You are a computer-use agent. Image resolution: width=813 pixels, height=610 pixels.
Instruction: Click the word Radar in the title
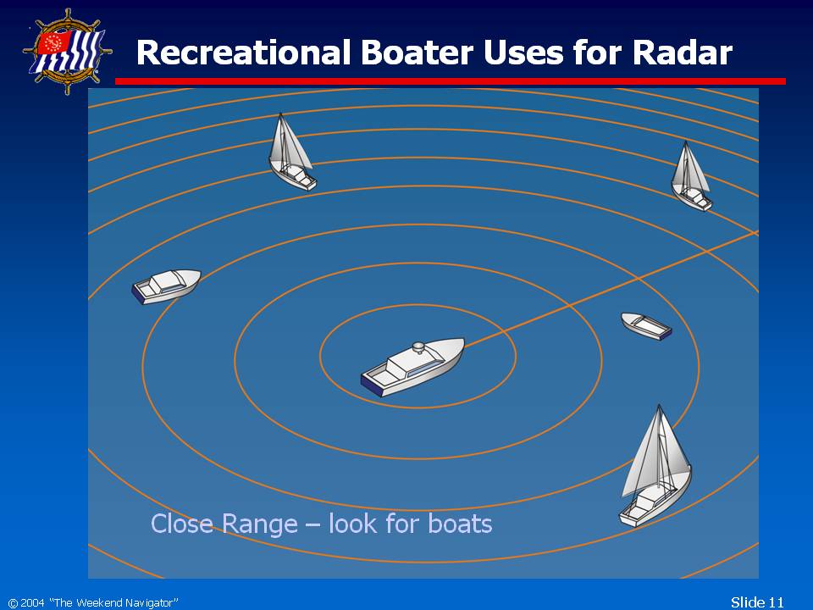pos(682,53)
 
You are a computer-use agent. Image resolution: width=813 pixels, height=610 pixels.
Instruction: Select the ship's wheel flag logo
pos(68,52)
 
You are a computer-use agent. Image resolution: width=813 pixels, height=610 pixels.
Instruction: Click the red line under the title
pos(450,81)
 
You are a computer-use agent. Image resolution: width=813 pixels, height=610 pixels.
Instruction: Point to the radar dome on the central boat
pos(418,347)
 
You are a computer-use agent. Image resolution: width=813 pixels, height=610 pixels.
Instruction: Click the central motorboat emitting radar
pos(412,367)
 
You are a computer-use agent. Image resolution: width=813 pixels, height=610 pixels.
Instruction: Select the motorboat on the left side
pos(167,286)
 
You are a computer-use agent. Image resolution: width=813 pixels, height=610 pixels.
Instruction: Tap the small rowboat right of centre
pos(646,326)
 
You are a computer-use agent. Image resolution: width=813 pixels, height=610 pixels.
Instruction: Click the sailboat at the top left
pos(292,152)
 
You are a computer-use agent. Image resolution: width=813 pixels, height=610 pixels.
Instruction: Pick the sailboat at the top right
pos(691,176)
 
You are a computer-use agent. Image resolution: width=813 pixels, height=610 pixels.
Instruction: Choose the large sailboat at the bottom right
pos(655,466)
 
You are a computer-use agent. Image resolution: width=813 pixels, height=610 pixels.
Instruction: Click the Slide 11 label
pos(757,602)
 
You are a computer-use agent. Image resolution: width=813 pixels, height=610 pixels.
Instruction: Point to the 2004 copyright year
pos(33,602)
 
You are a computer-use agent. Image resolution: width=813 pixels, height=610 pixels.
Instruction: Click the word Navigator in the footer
pos(150,602)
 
